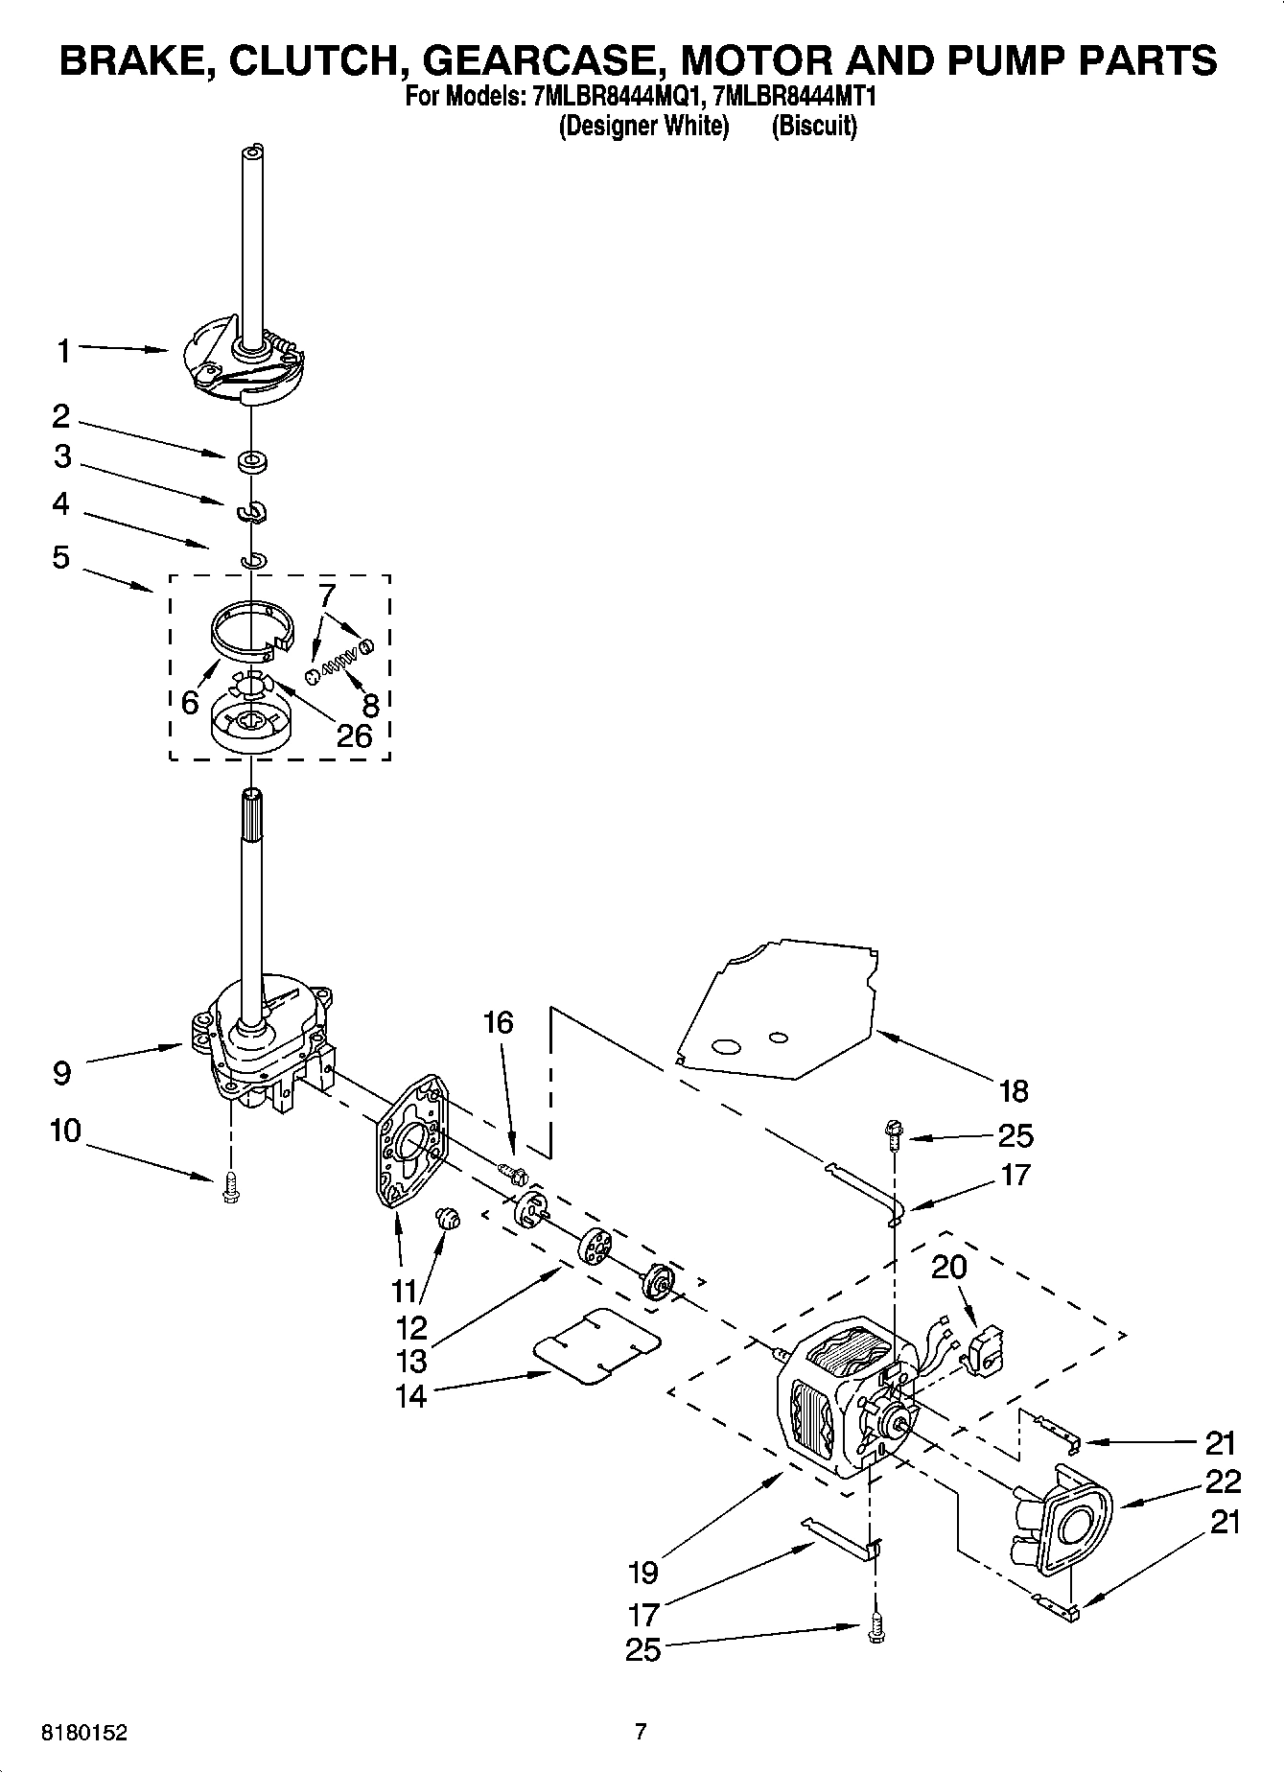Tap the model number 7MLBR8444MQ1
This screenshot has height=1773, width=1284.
614,97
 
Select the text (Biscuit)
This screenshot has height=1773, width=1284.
814,126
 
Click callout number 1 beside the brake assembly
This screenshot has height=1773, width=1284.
62,351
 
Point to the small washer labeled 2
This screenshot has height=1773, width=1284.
252,461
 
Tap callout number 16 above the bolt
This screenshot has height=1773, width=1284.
498,1023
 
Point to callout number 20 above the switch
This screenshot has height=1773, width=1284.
948,1267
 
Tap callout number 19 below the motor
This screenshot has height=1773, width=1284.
642,1573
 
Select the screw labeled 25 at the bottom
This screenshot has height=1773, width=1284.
875,1630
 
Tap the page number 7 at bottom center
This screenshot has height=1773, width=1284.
641,1732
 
